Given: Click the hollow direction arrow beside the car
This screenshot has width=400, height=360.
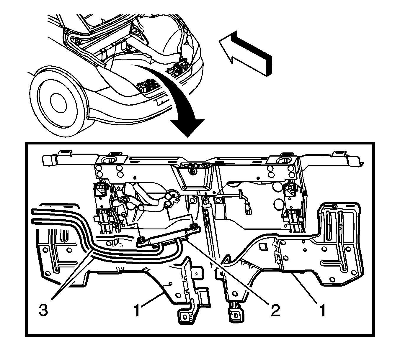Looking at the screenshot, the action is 245,53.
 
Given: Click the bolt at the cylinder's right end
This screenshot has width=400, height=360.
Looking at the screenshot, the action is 193,226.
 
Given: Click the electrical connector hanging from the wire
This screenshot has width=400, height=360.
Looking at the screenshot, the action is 249,210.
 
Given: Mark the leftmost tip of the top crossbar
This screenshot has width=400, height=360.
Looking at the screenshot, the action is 43,160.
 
